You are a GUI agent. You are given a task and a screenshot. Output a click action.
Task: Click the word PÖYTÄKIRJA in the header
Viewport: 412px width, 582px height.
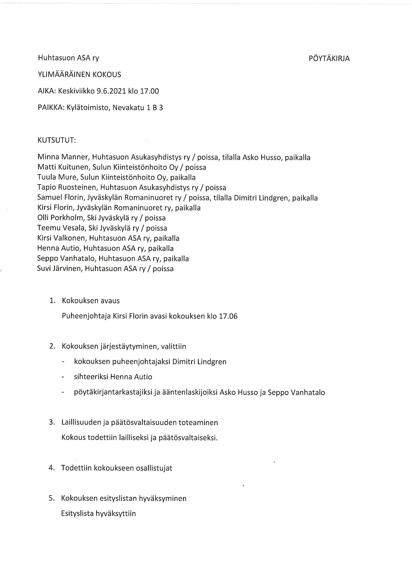[x=329, y=59]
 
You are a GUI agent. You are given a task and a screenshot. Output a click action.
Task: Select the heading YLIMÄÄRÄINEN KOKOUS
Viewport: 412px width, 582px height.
[x=79, y=74]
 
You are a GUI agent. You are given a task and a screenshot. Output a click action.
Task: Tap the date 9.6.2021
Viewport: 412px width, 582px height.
[x=111, y=91]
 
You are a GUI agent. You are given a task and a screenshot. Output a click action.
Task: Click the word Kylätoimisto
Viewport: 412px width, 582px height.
[x=88, y=108]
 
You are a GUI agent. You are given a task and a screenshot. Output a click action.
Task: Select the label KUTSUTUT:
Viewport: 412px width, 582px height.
[x=57, y=140]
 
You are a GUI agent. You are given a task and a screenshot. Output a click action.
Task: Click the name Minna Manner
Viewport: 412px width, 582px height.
[x=63, y=157]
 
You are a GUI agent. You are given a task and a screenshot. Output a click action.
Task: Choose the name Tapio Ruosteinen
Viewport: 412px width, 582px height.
[x=67, y=188]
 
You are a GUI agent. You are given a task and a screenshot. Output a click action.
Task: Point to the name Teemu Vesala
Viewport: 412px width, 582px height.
[x=61, y=228]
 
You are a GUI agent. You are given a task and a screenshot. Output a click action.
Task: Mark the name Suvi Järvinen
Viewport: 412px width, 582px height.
[x=60, y=269]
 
